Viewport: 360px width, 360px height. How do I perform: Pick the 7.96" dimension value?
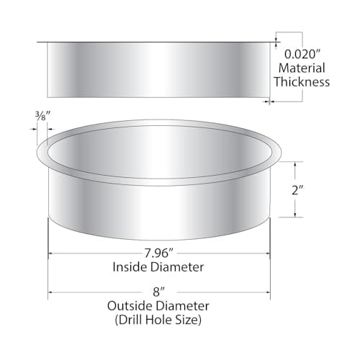pyautogui.click(x=158, y=253)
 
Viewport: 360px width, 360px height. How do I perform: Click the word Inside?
pyautogui.click(x=130, y=267)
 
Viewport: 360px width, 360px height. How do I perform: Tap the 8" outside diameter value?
pyautogui.click(x=158, y=293)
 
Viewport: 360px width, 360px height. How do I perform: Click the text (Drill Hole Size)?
pyautogui.click(x=158, y=318)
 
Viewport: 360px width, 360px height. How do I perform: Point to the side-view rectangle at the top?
pyautogui.click(x=158, y=68)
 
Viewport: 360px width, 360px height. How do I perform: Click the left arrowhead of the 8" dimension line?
pyautogui.click(x=51, y=293)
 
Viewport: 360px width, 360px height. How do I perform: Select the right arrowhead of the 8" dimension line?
pyautogui.click(x=267, y=293)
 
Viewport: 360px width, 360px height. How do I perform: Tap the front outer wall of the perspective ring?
pyautogui.click(x=158, y=209)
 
